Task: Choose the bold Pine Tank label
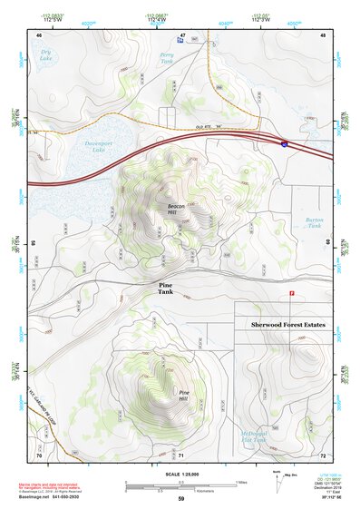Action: tap(165, 289)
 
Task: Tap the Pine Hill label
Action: tap(183, 396)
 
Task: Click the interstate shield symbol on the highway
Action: tap(284, 143)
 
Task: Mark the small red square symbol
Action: tap(291, 293)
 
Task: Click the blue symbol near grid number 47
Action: tap(178, 41)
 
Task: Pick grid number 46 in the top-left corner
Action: tap(39, 34)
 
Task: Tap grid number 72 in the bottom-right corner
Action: tap(323, 454)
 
